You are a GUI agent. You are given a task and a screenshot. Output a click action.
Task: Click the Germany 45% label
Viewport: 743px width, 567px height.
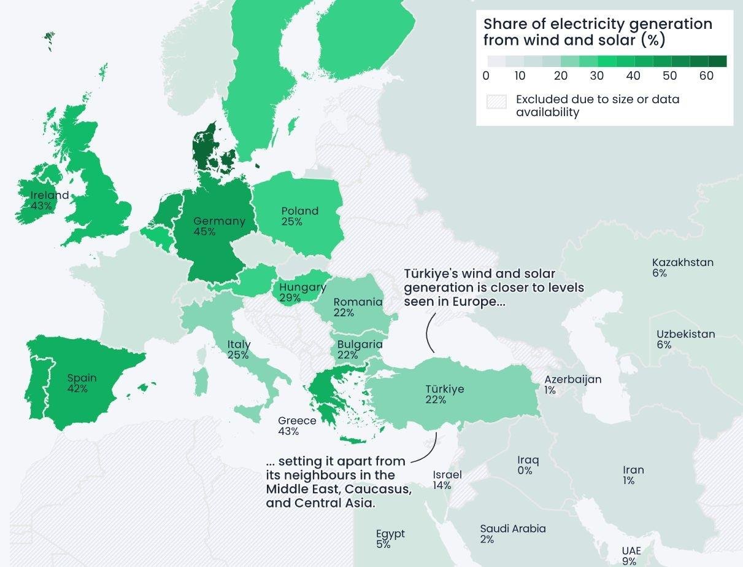pos(219,226)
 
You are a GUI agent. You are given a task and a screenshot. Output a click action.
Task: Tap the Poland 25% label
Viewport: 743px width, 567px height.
pos(299,216)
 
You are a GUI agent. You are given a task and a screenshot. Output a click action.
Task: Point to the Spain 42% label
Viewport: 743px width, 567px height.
pos(82,383)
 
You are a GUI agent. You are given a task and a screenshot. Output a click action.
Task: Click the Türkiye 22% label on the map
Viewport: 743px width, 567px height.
pos(444,394)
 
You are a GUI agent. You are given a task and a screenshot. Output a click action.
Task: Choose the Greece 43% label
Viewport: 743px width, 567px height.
pos(297,426)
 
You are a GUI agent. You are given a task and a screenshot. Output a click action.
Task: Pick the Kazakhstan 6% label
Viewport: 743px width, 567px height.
pos(682,267)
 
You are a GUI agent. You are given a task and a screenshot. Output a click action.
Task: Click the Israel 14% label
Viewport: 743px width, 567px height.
pos(447,480)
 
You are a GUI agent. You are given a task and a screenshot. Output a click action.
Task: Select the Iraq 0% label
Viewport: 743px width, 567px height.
pos(528,465)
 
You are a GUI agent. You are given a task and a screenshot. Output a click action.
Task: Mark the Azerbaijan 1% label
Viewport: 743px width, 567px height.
pos(572,385)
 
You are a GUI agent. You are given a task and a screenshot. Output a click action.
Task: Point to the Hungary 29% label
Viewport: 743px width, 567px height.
pos(302,292)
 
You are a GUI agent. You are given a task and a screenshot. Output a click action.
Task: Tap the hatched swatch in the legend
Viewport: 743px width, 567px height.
pos(496,102)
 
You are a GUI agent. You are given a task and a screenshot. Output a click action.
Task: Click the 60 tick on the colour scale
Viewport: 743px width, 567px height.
pos(706,76)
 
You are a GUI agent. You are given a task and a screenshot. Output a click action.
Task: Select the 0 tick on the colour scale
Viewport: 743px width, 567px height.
pos(486,76)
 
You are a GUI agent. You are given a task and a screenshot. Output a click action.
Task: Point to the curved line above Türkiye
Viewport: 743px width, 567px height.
pos(429,332)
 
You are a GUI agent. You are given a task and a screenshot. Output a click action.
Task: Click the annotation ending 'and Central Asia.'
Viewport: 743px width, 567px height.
pos(338,482)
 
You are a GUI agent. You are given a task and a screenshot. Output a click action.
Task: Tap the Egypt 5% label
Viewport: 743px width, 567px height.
pos(390,539)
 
